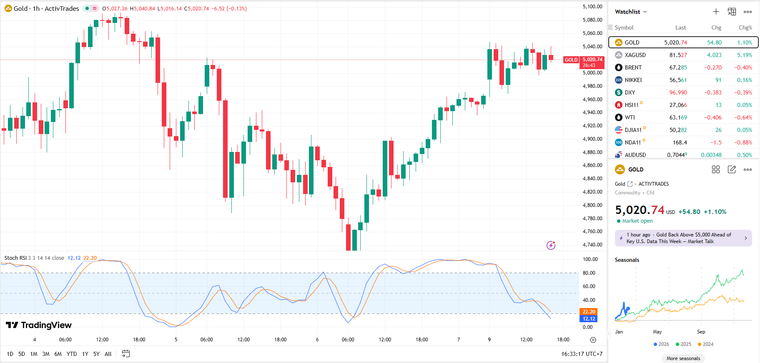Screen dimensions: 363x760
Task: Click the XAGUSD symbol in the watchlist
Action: pos(635,55)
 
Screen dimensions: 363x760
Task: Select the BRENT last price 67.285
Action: pos(678,67)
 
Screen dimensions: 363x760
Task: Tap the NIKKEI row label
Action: pos(633,80)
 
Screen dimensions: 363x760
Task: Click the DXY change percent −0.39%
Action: pos(744,92)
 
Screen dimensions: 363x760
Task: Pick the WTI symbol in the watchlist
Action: pos(630,117)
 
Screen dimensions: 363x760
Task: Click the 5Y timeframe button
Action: pos(96,354)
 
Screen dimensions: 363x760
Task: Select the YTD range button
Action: pos(72,354)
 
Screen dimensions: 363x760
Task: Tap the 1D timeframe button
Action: pos(10,354)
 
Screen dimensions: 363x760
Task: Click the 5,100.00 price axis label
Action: pos(592,7)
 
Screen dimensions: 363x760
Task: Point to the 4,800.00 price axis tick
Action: pos(592,205)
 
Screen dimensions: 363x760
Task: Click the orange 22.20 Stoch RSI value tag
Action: pos(589,311)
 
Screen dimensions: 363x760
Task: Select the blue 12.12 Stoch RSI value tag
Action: pos(589,319)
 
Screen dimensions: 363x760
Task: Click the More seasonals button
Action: pos(683,358)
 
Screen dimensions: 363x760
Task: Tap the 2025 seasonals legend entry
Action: pos(683,344)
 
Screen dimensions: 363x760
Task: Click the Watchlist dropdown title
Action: pos(630,12)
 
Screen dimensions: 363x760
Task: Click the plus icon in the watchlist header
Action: pos(716,12)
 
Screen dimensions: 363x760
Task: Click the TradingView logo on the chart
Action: pos(39,325)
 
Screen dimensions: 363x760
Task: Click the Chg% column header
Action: pos(745,27)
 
